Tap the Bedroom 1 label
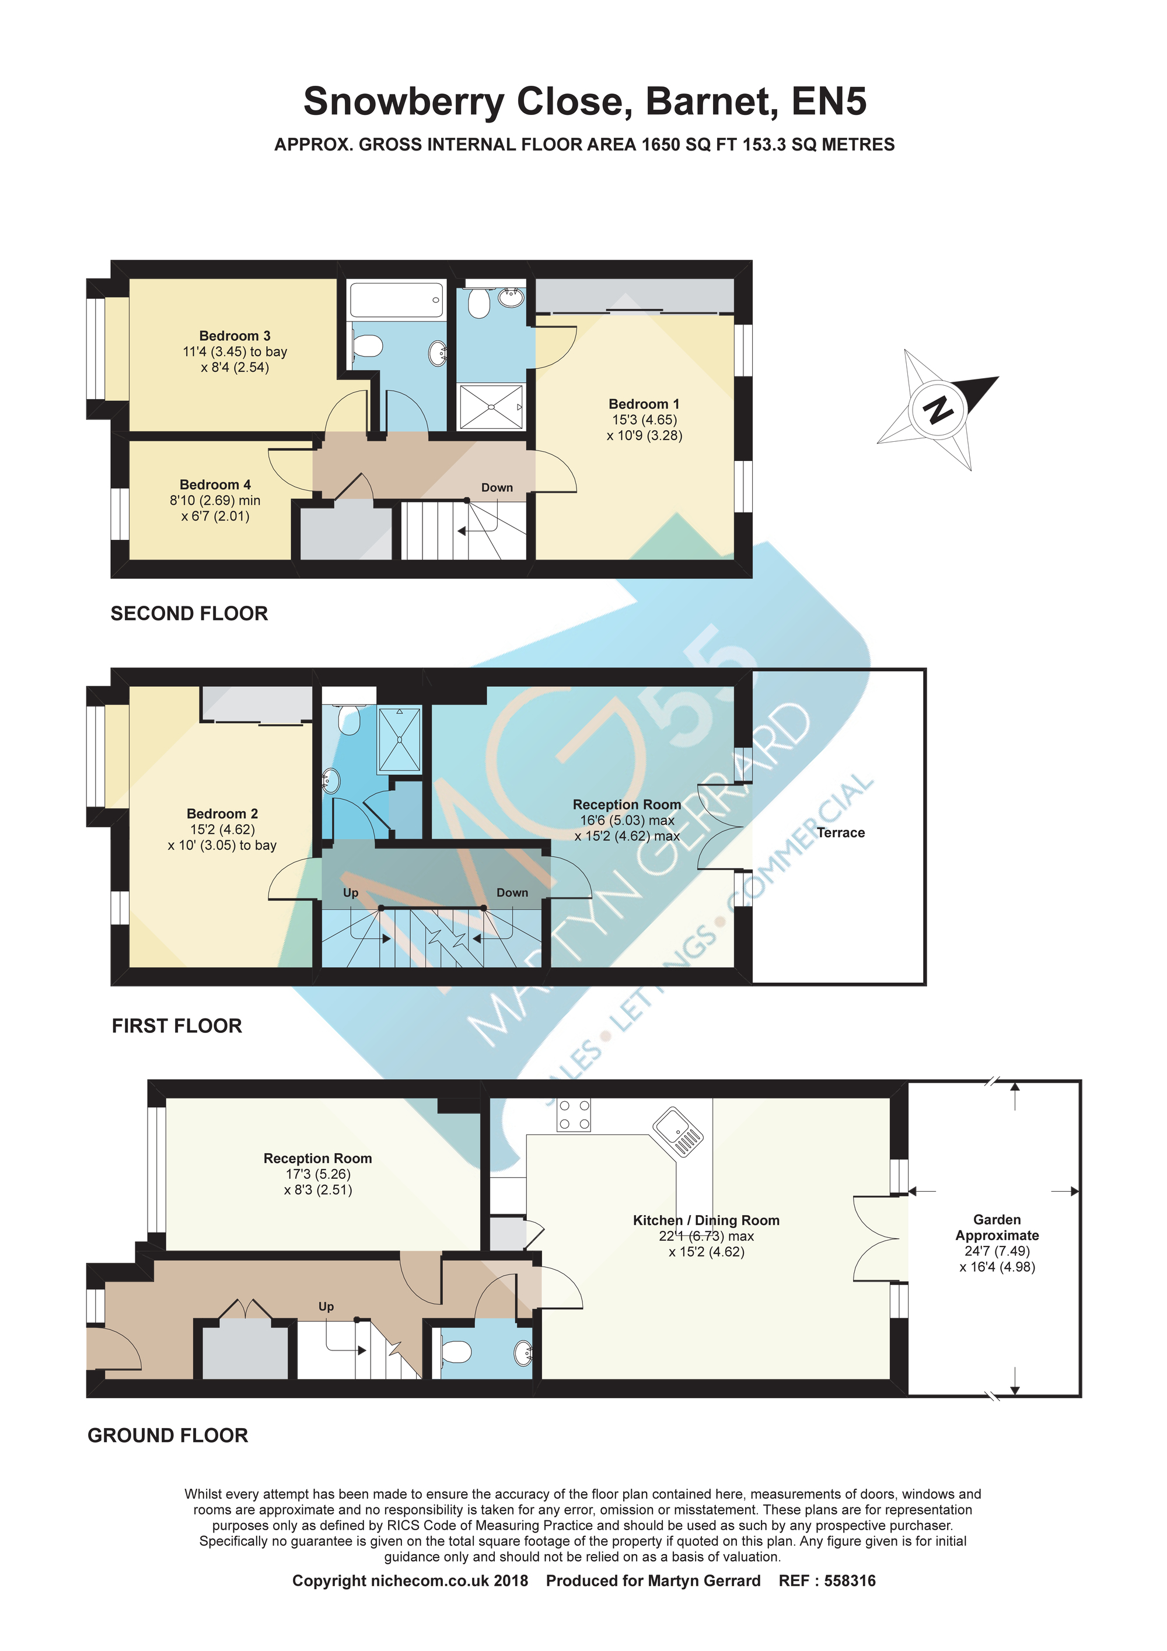[x=644, y=404]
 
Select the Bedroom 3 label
[x=235, y=336]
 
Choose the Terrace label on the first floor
[x=841, y=833]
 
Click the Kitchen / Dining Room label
[x=706, y=1220]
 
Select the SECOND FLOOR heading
[x=189, y=613]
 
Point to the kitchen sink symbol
[x=677, y=1131]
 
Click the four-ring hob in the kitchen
[x=574, y=1115]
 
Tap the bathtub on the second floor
[x=396, y=299]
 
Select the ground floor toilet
[x=455, y=1353]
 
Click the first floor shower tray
[x=400, y=739]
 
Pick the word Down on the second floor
[x=497, y=487]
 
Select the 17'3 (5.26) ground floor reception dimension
[x=318, y=1174]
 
